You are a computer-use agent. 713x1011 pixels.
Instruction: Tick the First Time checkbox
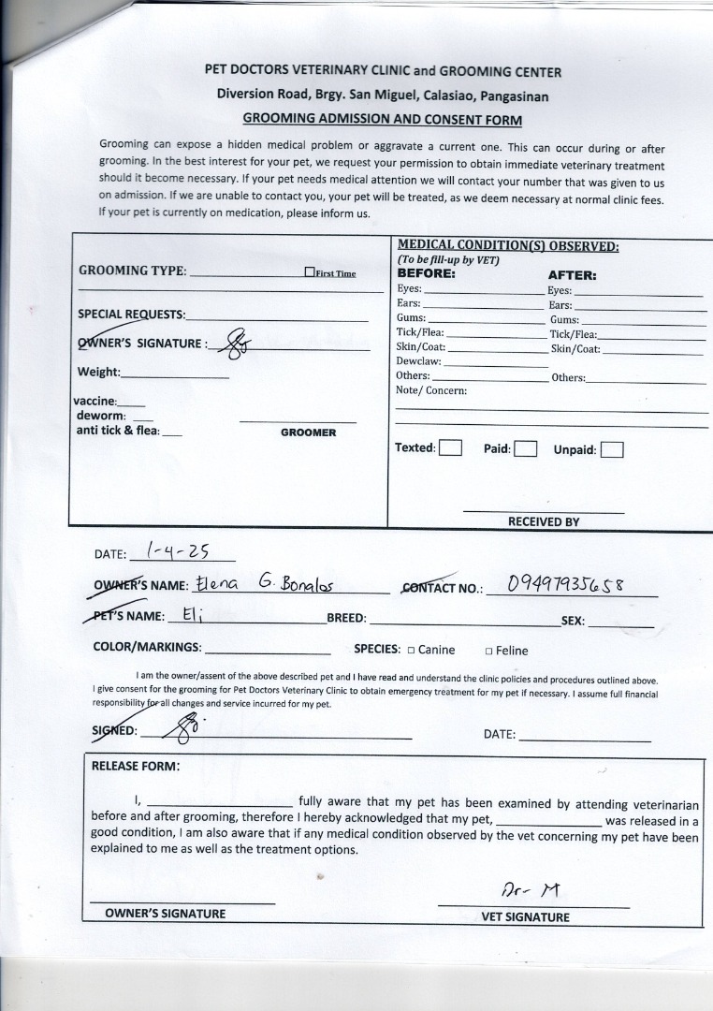coord(310,272)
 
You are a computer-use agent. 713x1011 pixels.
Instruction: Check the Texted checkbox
coord(451,447)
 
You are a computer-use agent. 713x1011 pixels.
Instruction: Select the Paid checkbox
coord(525,448)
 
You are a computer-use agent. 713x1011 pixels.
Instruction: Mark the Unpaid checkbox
coord(612,449)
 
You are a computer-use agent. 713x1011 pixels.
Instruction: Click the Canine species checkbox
coord(411,651)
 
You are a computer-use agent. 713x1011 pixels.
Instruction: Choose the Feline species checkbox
coord(488,652)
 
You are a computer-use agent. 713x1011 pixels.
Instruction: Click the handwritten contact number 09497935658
coord(564,585)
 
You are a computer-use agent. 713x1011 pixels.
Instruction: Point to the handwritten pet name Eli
coord(191,616)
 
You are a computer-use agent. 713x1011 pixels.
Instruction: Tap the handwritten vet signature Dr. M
coord(531,889)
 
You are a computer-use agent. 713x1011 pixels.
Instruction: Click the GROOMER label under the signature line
coord(308,433)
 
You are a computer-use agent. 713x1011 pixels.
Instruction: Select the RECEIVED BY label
coord(544,522)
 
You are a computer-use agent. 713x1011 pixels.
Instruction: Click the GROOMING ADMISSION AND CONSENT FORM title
coord(382,120)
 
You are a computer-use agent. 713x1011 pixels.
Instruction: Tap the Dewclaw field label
coord(418,360)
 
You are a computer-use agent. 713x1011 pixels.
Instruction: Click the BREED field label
coord(346,619)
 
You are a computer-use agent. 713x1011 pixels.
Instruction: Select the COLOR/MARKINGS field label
coord(147,647)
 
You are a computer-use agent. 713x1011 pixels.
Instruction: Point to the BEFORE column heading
coord(427,274)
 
